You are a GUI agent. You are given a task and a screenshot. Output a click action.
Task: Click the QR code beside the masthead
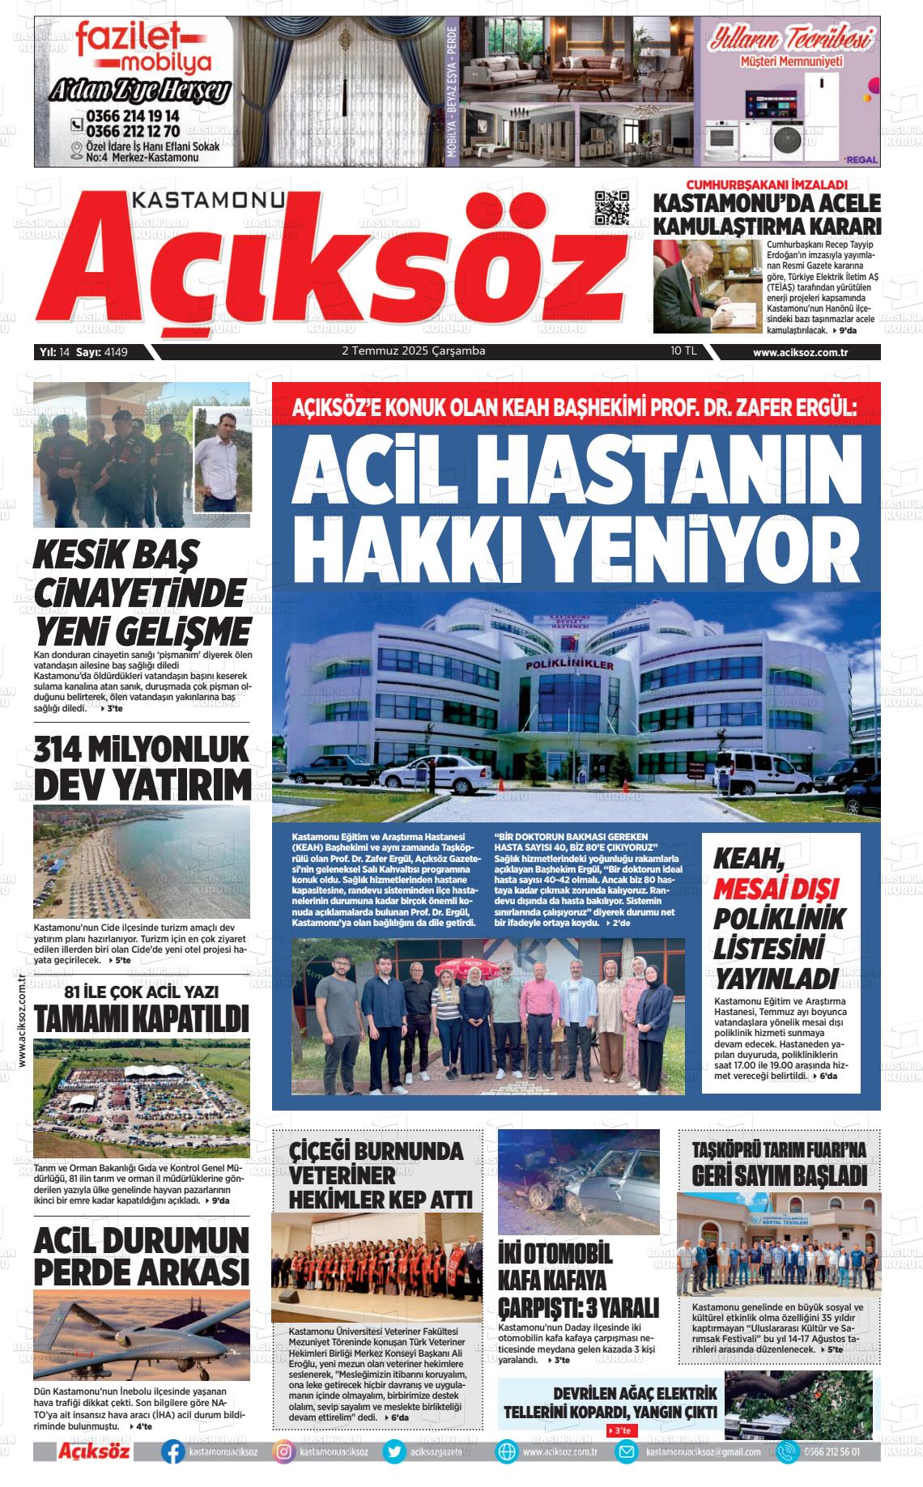click(612, 208)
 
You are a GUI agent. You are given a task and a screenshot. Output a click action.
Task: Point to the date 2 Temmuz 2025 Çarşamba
click(414, 351)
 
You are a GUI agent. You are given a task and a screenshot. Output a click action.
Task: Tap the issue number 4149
click(117, 351)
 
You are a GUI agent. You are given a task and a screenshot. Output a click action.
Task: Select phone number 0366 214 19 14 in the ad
click(133, 117)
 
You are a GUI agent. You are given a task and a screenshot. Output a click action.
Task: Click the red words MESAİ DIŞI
click(776, 888)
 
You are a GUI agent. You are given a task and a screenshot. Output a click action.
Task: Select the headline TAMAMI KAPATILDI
click(142, 1018)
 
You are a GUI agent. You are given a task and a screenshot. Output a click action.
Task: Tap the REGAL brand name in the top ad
click(861, 159)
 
